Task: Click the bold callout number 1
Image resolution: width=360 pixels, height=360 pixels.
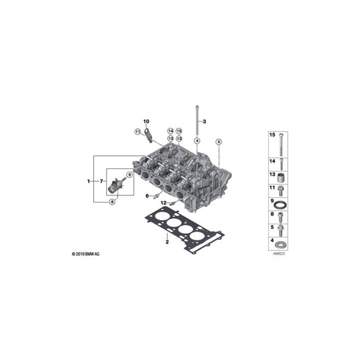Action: click(x=88, y=182)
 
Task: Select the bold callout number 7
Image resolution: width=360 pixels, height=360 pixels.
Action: click(x=101, y=182)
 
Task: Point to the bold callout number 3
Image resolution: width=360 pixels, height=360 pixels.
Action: click(x=205, y=121)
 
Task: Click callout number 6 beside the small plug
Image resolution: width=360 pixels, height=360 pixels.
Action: click(x=146, y=196)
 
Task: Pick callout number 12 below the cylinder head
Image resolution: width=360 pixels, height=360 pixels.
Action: click(x=163, y=203)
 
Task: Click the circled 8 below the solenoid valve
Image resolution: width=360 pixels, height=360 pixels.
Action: click(x=112, y=201)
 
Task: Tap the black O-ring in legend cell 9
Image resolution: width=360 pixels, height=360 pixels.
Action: click(x=283, y=203)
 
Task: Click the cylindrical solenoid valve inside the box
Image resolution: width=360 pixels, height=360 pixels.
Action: click(x=119, y=183)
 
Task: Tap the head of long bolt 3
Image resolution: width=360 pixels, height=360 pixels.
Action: click(x=196, y=106)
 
